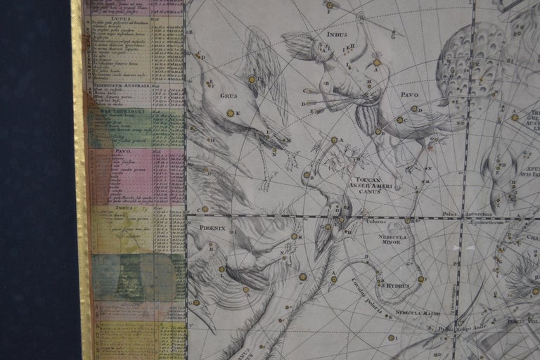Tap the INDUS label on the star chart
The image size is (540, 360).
pos(337,34)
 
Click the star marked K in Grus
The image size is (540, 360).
pos(229,113)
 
